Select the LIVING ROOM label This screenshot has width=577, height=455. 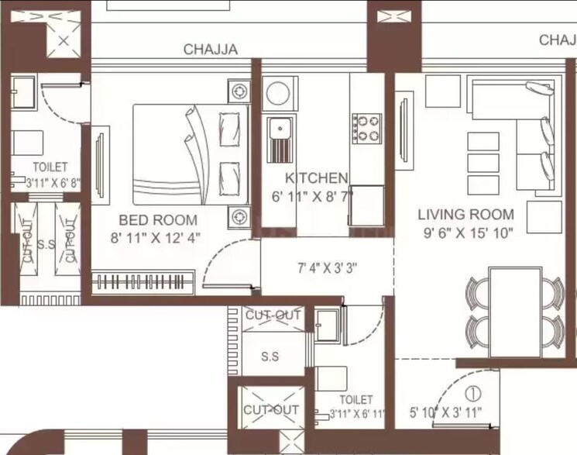pos(465,215)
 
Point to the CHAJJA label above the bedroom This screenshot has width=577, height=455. pos(210,50)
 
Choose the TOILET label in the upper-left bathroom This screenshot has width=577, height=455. pos(50,167)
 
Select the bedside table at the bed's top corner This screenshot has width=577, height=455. pos(239,91)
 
